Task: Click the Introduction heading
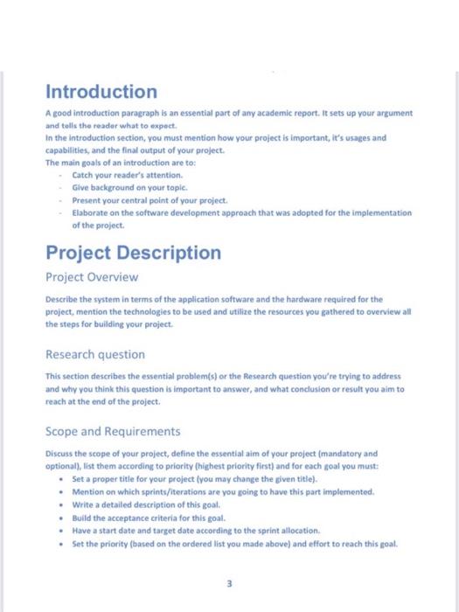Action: pos(101,92)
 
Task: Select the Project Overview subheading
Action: pos(92,278)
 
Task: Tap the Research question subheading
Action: pos(95,355)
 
